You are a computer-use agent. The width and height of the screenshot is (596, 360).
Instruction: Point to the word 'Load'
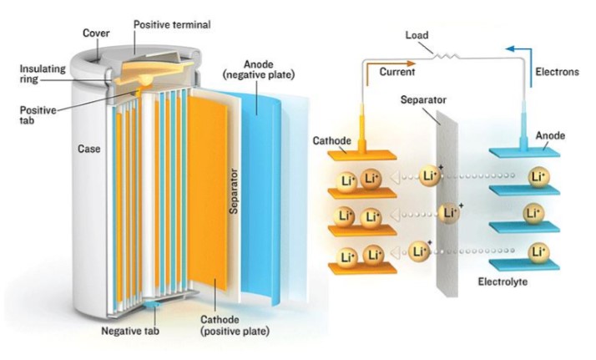point(417,35)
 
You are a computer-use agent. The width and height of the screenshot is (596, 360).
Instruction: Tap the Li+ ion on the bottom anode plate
point(537,250)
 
